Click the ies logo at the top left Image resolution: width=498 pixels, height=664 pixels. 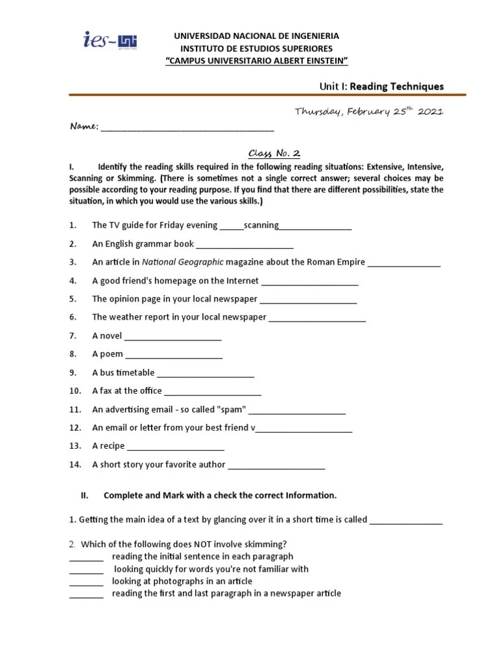coord(110,41)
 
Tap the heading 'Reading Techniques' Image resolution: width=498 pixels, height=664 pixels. coord(397,86)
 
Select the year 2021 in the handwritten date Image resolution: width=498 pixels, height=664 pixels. coord(430,112)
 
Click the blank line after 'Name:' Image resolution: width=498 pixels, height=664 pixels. coord(187,128)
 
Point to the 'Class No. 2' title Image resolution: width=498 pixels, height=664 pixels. coord(275,154)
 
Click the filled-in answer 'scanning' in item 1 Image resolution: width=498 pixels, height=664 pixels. coord(261,226)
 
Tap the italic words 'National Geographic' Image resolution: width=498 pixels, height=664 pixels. coord(183,263)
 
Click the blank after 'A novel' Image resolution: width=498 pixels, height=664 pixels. coord(172,337)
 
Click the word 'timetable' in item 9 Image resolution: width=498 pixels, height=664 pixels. coord(135,373)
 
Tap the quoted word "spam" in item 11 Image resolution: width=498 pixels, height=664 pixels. coord(231,410)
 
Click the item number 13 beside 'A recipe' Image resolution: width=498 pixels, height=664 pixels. coord(75,446)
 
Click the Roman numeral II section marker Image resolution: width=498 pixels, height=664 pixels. coord(84,495)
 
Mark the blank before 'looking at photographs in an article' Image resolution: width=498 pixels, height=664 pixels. coord(86,582)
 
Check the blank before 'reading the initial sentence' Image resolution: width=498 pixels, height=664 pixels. coord(86,558)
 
